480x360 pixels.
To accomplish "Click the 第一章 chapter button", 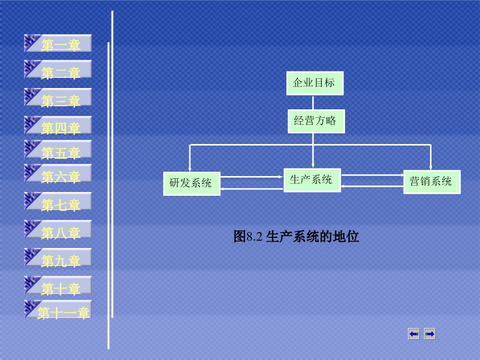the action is [58, 43].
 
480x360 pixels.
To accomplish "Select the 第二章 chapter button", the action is [58, 69].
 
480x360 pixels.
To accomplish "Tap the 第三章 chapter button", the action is [58, 98].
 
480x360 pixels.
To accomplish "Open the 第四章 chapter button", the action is [58, 125].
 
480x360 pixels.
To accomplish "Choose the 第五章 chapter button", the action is [58, 149].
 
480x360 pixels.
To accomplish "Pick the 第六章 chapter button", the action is [58, 173].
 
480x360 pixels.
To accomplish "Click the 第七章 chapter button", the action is [58, 202].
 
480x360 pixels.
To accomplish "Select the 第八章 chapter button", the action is [58, 229].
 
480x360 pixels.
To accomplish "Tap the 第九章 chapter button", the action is [58, 257].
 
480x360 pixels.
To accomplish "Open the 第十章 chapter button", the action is [58, 285].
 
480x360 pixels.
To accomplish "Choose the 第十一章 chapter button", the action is [58, 309].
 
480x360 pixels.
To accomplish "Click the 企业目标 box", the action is [315, 83].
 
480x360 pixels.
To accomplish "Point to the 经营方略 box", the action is [316, 121].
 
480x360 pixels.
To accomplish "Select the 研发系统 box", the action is [191, 183].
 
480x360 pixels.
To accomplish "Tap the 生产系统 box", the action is [312, 180].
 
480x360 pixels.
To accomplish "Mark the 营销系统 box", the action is [432, 182].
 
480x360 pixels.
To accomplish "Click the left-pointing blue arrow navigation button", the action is [414, 334].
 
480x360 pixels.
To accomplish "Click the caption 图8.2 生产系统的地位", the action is [296, 237].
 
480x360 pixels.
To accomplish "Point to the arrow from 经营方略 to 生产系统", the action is [313, 150].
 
